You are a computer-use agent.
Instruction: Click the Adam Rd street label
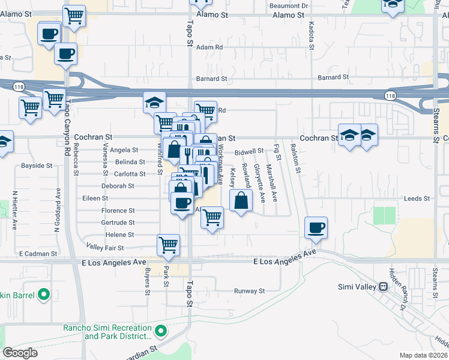pos(209,47)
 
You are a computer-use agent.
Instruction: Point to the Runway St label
pos(249,291)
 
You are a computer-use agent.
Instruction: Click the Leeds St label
pos(417,198)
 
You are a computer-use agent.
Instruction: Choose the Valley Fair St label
pos(105,247)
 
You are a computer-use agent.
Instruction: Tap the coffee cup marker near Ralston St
pos(316,228)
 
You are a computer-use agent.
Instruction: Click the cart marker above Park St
pos(168,244)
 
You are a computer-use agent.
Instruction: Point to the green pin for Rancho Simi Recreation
pos(161,331)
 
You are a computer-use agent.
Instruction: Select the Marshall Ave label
pos(271,183)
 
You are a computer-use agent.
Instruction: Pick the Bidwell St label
pos(249,152)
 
